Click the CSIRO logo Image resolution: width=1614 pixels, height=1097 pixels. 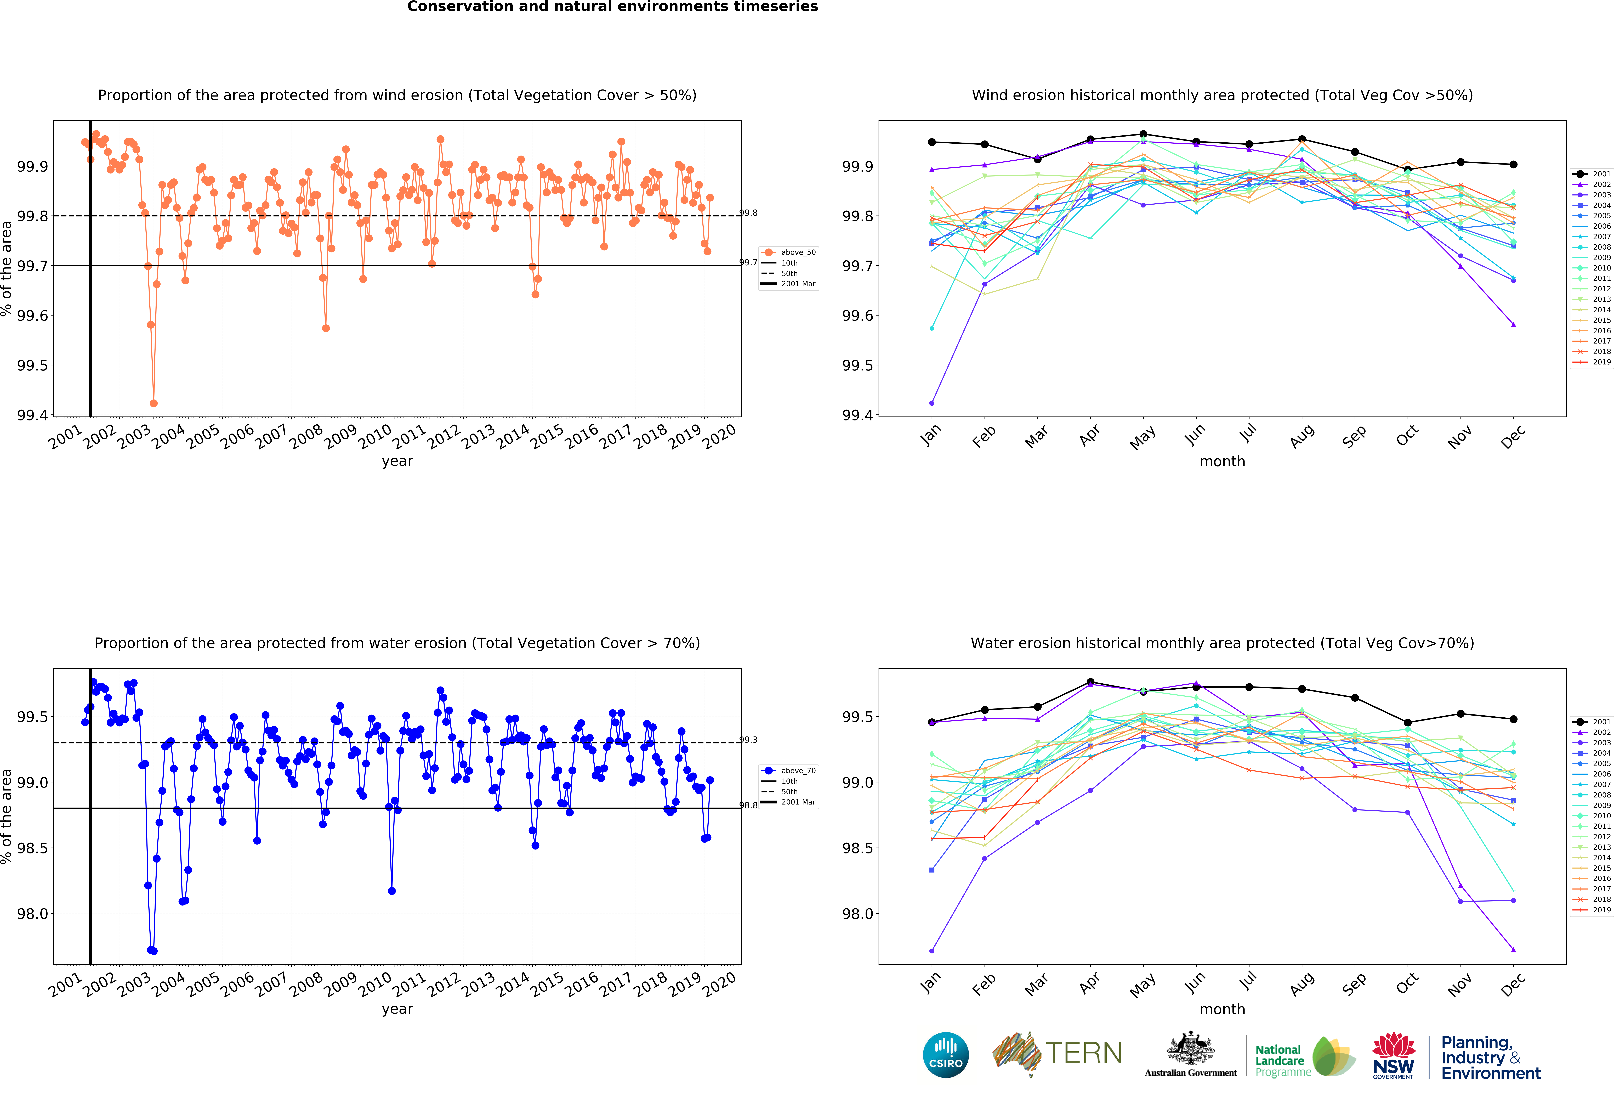click(946, 1055)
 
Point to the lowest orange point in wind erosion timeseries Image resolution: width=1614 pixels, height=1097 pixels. click(154, 403)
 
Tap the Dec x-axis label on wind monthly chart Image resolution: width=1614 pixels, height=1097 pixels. click(1513, 437)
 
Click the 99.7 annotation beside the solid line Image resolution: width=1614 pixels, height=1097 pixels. click(748, 263)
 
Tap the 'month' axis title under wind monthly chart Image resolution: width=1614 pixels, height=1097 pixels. click(1222, 461)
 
